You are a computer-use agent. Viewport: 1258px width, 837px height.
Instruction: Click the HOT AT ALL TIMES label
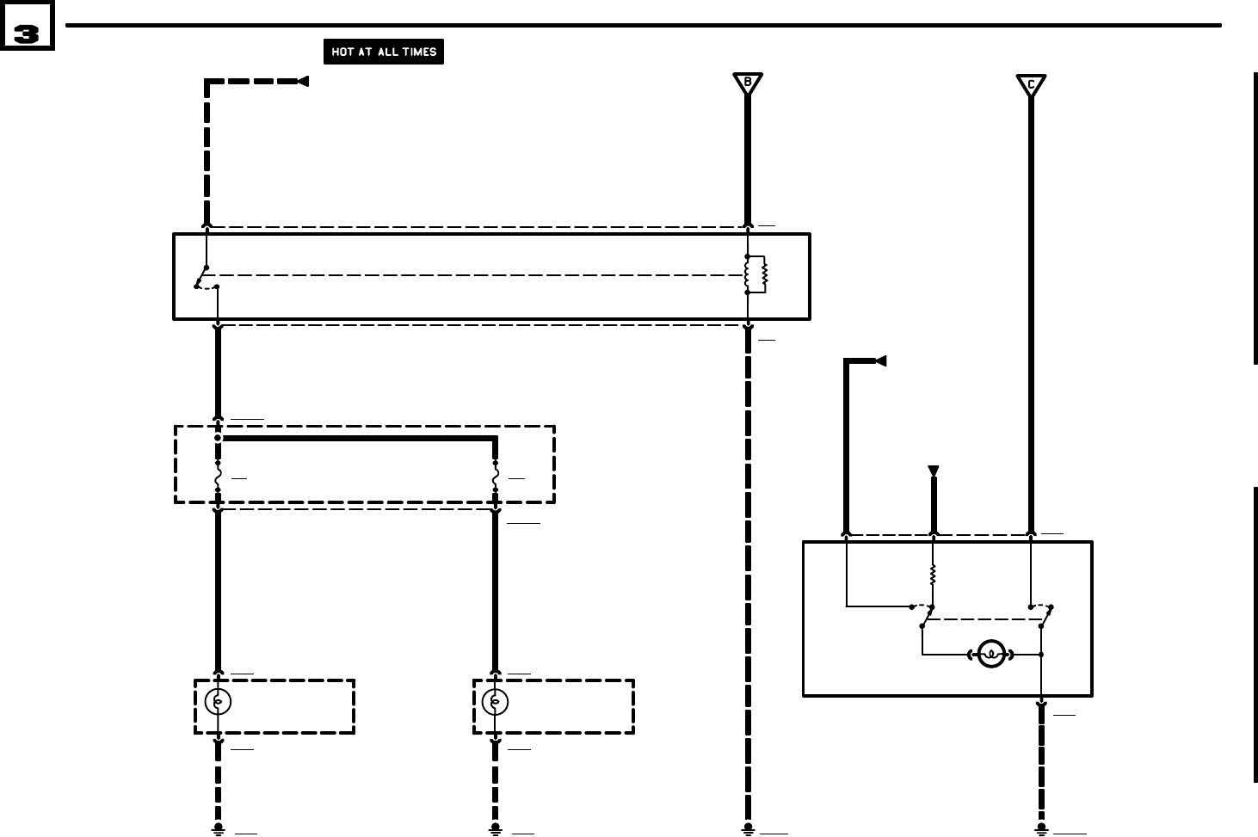coord(383,52)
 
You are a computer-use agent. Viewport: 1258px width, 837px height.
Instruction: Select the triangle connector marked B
coord(748,83)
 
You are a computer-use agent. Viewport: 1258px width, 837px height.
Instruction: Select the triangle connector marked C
coord(1030,84)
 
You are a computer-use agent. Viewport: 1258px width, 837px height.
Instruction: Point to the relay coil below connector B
coord(755,274)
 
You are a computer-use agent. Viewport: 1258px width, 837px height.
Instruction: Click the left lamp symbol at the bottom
coord(218,703)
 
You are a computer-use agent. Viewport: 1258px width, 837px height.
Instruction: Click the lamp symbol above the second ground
coord(495,703)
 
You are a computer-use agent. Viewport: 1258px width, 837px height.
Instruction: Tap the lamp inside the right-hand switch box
coord(991,655)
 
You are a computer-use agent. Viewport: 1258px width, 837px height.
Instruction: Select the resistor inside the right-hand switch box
coord(933,575)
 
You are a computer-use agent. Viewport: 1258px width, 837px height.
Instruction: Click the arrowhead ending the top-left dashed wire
coord(302,81)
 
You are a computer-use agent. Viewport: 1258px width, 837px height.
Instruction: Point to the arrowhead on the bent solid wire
coord(879,361)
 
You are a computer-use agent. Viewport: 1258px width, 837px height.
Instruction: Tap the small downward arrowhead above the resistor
coord(934,471)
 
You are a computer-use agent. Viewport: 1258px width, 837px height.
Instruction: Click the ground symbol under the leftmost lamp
coord(218,829)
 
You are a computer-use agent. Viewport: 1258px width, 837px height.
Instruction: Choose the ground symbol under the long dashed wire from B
coord(748,829)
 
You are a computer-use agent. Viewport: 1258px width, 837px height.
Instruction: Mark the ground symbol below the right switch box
coord(1041,829)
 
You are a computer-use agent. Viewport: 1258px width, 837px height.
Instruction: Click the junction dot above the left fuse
coord(218,438)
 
